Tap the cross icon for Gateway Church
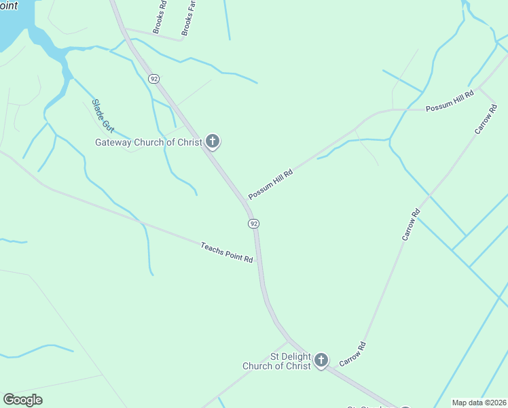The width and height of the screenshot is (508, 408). point(213,141)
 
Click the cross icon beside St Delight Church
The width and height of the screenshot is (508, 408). point(321,360)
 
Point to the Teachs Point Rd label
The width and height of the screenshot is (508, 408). point(227,252)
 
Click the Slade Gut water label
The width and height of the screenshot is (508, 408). point(103,116)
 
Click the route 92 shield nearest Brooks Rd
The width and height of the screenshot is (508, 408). point(155,79)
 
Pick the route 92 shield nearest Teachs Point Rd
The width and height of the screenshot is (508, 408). point(253,224)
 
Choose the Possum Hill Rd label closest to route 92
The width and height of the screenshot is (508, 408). point(270,184)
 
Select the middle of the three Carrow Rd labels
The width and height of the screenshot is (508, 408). point(411,224)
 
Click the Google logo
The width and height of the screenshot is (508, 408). point(22,400)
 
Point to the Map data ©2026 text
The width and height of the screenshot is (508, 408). point(479,403)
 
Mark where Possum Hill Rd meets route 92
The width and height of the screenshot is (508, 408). point(245,202)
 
